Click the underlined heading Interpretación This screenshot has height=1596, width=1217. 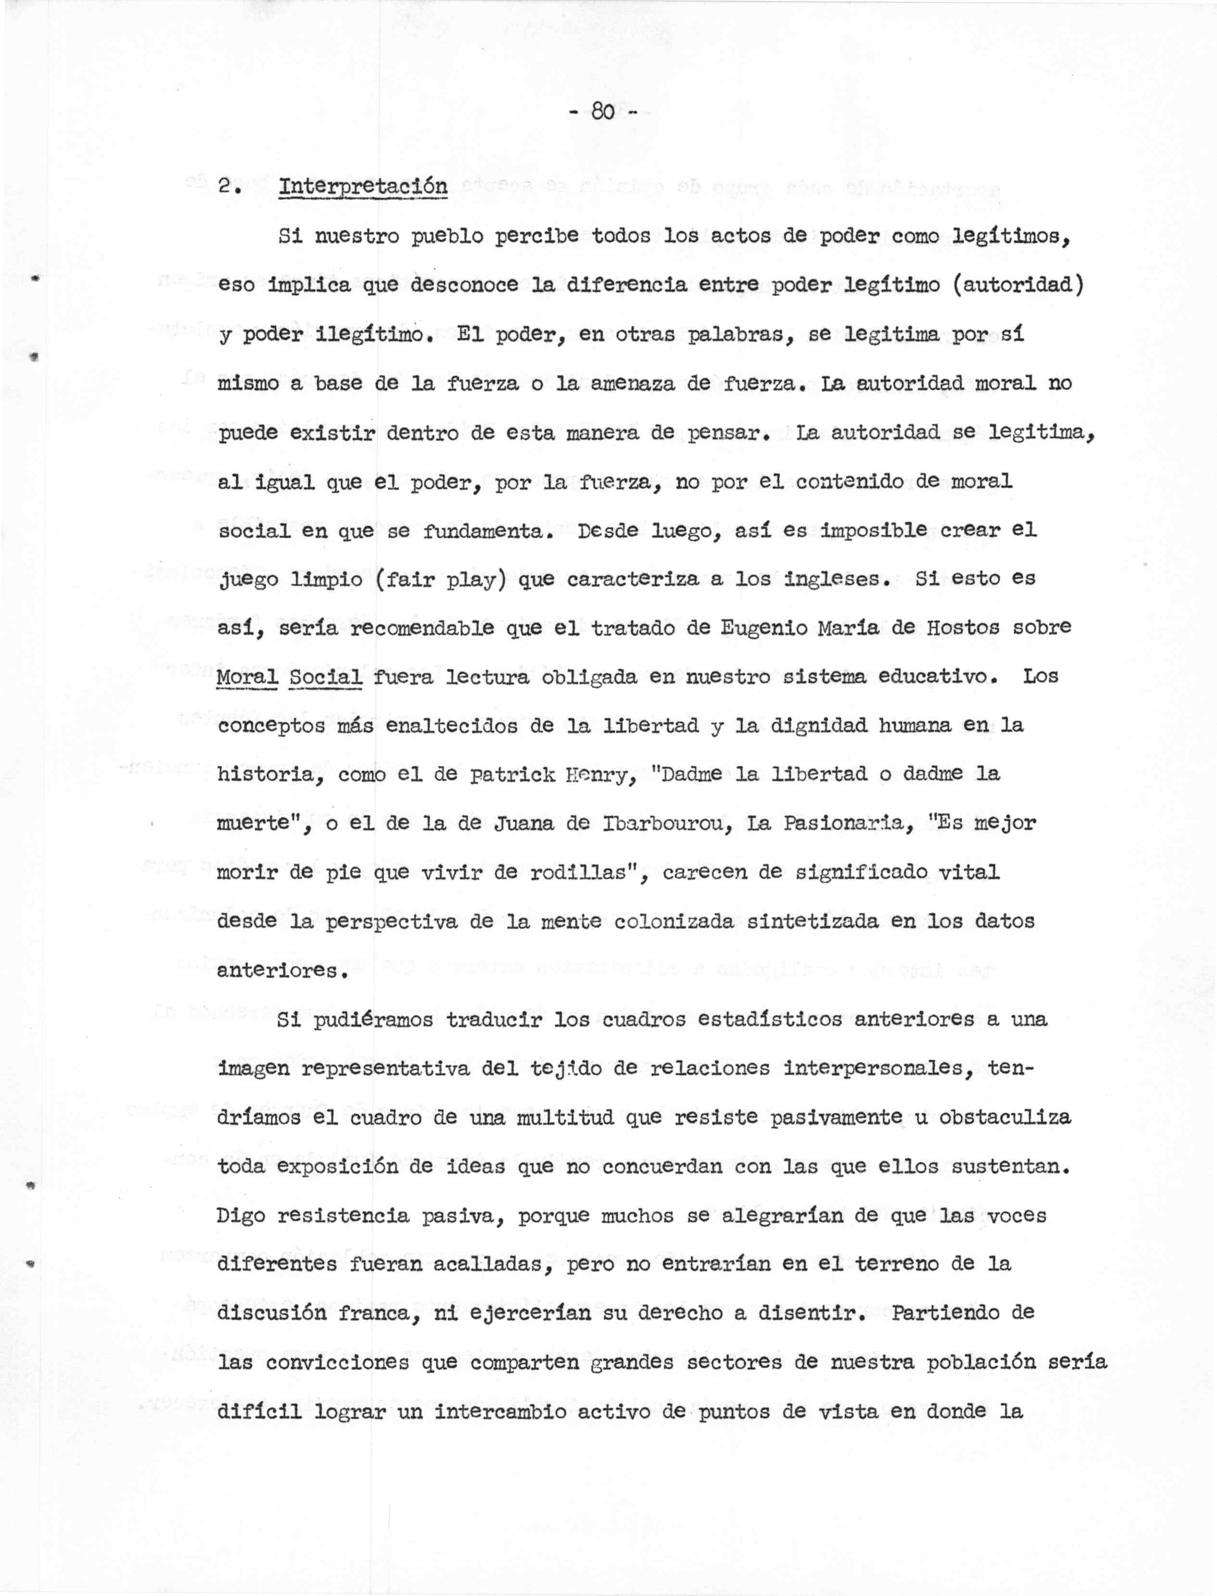(363, 186)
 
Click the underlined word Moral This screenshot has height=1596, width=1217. (248, 677)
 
